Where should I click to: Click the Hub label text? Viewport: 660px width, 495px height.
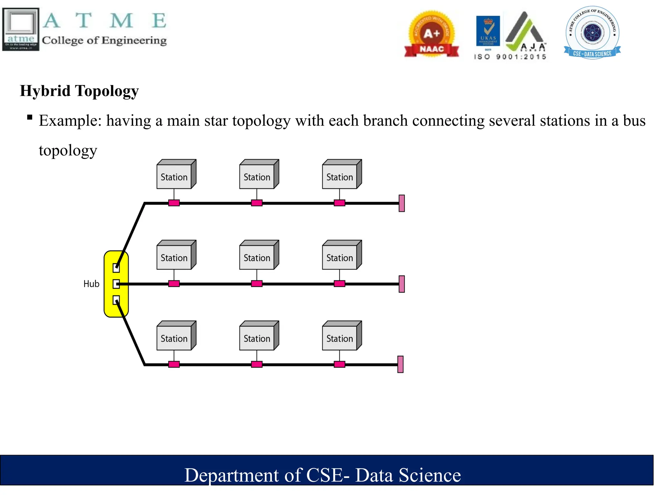point(91,284)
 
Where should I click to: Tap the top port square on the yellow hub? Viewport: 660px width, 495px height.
point(116,268)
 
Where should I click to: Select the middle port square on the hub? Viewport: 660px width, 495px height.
point(116,284)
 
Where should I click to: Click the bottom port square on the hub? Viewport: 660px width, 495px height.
point(116,300)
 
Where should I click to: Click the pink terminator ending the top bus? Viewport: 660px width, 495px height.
point(402,203)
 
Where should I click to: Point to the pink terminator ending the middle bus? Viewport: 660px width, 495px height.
point(402,284)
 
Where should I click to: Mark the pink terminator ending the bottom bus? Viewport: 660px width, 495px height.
point(400,364)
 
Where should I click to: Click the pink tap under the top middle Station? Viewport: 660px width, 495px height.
point(257,203)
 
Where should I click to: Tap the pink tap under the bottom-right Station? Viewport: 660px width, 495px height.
point(339,364)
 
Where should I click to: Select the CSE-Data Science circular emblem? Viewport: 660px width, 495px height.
point(592,32)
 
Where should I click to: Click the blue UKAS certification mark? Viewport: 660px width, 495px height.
point(488,31)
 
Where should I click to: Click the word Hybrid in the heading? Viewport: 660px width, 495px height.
point(45,91)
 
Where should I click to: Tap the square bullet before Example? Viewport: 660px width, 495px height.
point(30,117)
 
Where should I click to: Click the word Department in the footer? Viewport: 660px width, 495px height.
point(231,475)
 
